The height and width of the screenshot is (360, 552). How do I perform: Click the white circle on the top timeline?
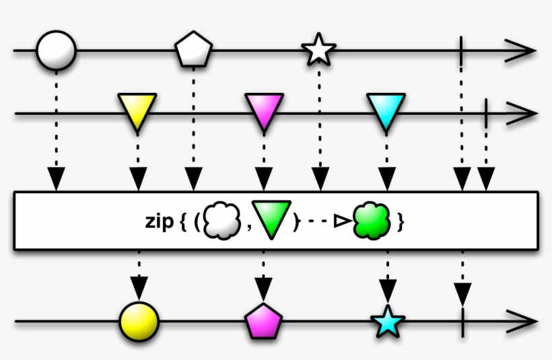pos(57,50)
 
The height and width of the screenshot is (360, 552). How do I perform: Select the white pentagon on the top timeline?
pos(194,50)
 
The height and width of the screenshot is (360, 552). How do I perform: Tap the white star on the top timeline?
pos(319,50)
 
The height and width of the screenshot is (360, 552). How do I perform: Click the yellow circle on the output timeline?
pos(139,322)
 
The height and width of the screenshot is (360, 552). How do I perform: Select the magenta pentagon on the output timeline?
pos(264,321)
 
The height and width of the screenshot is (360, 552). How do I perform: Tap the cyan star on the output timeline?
pos(388,322)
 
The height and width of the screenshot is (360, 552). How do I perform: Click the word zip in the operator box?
pos(160,221)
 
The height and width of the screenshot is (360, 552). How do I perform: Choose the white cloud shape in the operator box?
pos(222,221)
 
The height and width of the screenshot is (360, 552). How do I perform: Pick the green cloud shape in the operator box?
pos(372,221)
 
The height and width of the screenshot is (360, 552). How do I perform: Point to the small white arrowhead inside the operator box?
pos(342,221)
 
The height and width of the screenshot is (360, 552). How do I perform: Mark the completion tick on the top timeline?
pos(461,50)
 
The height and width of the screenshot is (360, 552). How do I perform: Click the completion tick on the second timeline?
pos(486,113)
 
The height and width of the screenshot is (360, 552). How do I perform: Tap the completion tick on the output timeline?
pos(462,322)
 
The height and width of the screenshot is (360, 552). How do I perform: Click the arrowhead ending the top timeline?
pos(521,50)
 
